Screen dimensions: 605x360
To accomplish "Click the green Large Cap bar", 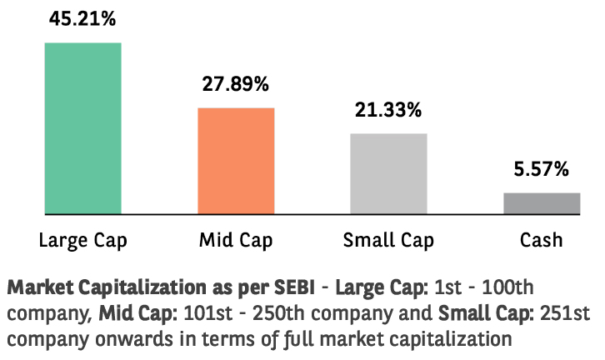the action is coord(83,128).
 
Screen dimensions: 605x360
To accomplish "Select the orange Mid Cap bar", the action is coord(236,161).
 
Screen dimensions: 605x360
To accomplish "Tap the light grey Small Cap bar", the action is coord(388,173).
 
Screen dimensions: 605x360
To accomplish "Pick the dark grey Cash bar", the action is coord(542,203).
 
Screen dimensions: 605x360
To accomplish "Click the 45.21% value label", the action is coord(82,18).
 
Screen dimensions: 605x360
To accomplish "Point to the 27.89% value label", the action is coord(235,83).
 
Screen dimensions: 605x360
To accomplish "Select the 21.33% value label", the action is coord(388,109).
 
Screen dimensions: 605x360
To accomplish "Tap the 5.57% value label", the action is coord(541,169).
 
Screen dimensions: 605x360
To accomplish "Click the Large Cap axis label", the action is coord(83,240).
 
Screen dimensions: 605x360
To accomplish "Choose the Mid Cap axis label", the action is coord(236,240).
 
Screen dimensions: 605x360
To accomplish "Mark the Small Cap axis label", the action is coord(388,240).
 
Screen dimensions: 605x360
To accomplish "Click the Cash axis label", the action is coord(541,240).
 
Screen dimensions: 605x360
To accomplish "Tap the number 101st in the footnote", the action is coord(208,313).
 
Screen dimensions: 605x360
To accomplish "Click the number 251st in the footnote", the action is coord(565,313).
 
